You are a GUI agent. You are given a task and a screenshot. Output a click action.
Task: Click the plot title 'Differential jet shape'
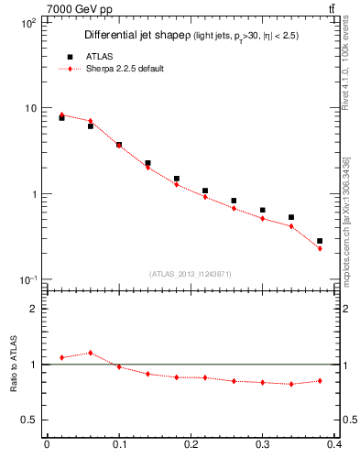coord(136,36)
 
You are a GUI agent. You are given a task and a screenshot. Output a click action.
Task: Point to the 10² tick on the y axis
coord(27,23)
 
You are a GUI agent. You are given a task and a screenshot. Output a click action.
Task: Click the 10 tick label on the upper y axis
coord(30,108)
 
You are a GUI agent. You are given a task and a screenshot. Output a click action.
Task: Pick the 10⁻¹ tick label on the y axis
coord(27,279)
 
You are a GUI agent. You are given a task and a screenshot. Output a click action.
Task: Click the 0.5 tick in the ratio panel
coord(29,420)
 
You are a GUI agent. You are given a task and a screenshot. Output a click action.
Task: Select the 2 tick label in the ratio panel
coord(33,309)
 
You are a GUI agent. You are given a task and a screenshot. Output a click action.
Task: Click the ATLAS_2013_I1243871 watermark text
coord(190,274)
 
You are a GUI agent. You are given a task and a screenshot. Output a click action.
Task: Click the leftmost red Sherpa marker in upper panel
coord(61,115)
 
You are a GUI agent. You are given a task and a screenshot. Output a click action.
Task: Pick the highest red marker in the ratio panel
coord(90,353)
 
